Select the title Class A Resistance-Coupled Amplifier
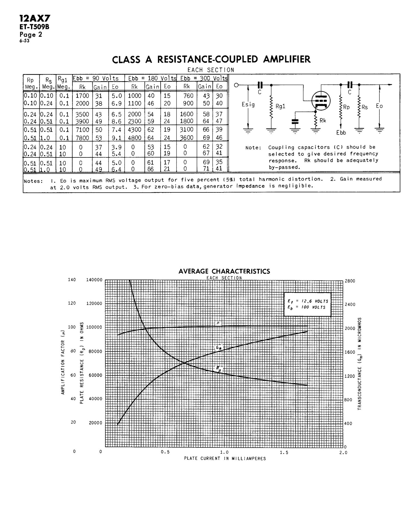click(x=211, y=59)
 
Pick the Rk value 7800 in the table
click(x=82, y=138)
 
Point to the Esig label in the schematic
click(x=248, y=104)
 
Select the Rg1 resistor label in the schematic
click(x=280, y=106)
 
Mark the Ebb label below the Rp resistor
click(x=341, y=133)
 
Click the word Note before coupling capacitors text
click(x=253, y=148)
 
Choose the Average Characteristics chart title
click(x=224, y=271)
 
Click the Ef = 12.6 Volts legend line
click(x=308, y=301)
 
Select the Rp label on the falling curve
click(x=219, y=369)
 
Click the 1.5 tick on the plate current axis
click(x=284, y=452)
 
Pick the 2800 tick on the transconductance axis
click(x=350, y=281)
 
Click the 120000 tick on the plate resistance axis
click(x=94, y=304)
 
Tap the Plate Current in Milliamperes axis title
click(x=225, y=459)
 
